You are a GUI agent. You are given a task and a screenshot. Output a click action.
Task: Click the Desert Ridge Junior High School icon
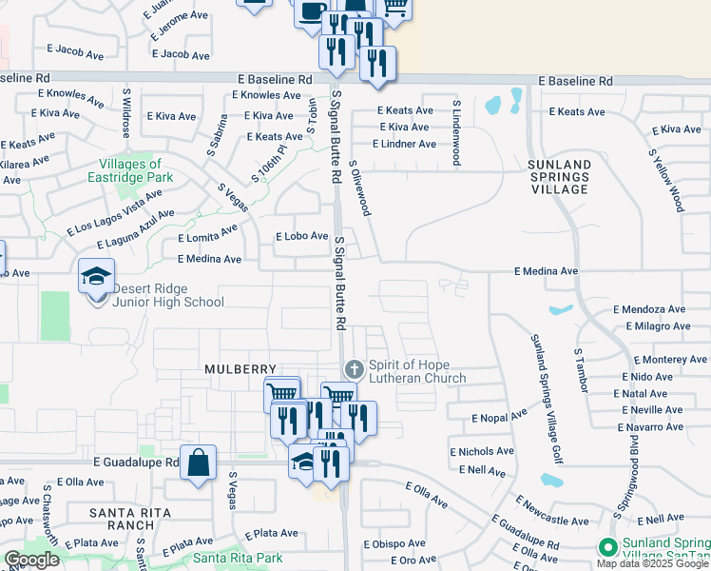[x=96, y=277]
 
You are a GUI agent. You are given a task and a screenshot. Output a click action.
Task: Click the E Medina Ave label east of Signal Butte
[x=547, y=271]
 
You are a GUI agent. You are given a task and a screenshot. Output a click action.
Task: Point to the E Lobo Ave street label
[x=301, y=236]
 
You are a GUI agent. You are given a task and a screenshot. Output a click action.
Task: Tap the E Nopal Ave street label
[x=499, y=417]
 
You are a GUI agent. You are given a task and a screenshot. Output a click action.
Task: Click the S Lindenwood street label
[x=457, y=131]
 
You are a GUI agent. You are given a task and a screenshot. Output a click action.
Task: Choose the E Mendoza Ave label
[x=649, y=309]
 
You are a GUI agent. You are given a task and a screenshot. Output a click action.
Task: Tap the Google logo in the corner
[x=32, y=560]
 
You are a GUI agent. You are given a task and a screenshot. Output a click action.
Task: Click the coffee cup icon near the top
[x=311, y=11]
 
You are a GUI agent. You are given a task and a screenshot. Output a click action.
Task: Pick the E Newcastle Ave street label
[x=553, y=511]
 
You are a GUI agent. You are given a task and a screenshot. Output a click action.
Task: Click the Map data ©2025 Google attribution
[x=653, y=564]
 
